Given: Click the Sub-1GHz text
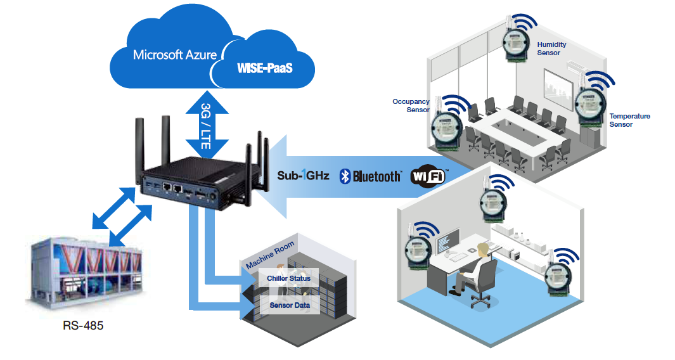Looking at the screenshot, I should click(x=304, y=176).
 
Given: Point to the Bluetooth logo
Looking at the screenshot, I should click(x=371, y=176).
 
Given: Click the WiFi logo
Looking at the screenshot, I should click(x=429, y=176).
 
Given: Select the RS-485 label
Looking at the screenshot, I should click(x=83, y=326).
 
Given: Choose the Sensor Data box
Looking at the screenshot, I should click(x=289, y=305).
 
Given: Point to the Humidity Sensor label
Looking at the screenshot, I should click(x=551, y=49).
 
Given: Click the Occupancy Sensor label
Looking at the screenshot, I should click(x=411, y=105).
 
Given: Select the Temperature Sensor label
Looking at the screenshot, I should click(x=629, y=120).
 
